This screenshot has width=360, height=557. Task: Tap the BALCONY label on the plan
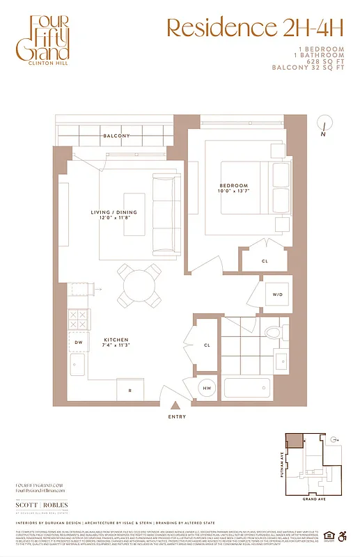pyautogui.click(x=116, y=136)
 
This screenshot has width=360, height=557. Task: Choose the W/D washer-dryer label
pyautogui.click(x=278, y=295)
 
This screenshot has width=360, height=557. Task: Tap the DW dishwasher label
pyautogui.click(x=77, y=342)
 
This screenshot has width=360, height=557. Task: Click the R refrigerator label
pyautogui.click(x=129, y=390)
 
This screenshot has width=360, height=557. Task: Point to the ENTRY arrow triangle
pyautogui.click(x=177, y=405)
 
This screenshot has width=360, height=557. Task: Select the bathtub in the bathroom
pyautogui.click(x=247, y=388)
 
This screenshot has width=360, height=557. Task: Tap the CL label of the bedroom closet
pyautogui.click(x=265, y=262)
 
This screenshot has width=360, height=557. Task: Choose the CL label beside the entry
pyautogui.click(x=208, y=345)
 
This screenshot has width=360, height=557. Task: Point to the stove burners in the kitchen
pyautogui.click(x=77, y=318)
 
